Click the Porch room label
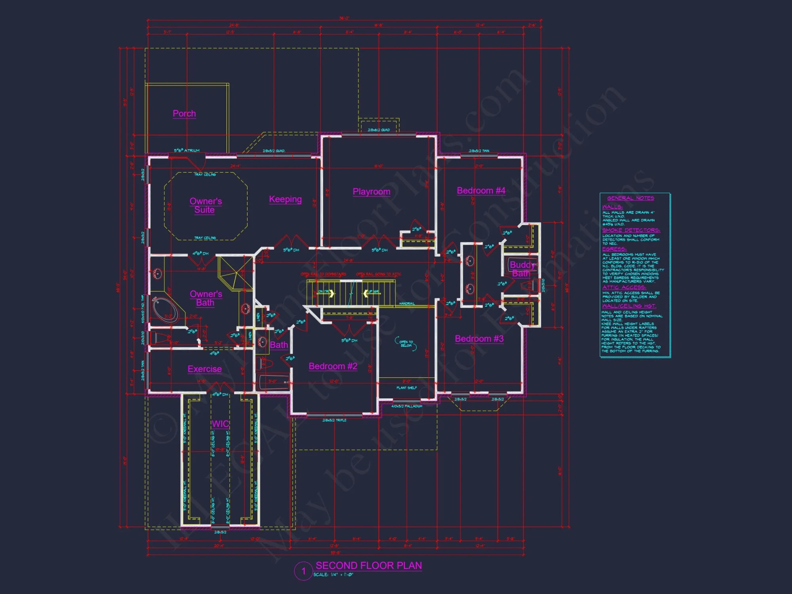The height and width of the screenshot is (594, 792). click(x=184, y=114)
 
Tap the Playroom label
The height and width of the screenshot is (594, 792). click(x=371, y=192)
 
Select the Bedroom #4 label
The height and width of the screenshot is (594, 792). click(x=481, y=190)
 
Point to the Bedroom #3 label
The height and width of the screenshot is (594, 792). click(x=479, y=339)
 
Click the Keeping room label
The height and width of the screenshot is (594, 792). click(x=285, y=199)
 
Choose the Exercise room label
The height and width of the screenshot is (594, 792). click(x=204, y=369)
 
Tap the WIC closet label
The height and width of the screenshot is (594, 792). click(x=220, y=424)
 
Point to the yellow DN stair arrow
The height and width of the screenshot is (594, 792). click(x=330, y=293)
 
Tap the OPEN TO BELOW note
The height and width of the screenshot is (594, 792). click(x=406, y=344)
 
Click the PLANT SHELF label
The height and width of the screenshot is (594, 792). click(x=407, y=388)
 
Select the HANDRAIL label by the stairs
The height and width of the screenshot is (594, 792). click(x=407, y=303)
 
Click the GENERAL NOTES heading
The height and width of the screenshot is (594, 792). click(x=630, y=198)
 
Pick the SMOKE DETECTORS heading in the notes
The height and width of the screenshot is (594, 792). click(x=631, y=230)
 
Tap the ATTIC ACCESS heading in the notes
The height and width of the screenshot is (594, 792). click(x=624, y=287)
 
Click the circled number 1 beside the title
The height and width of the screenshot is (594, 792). click(x=304, y=571)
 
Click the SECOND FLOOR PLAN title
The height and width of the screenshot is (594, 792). click(x=369, y=565)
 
